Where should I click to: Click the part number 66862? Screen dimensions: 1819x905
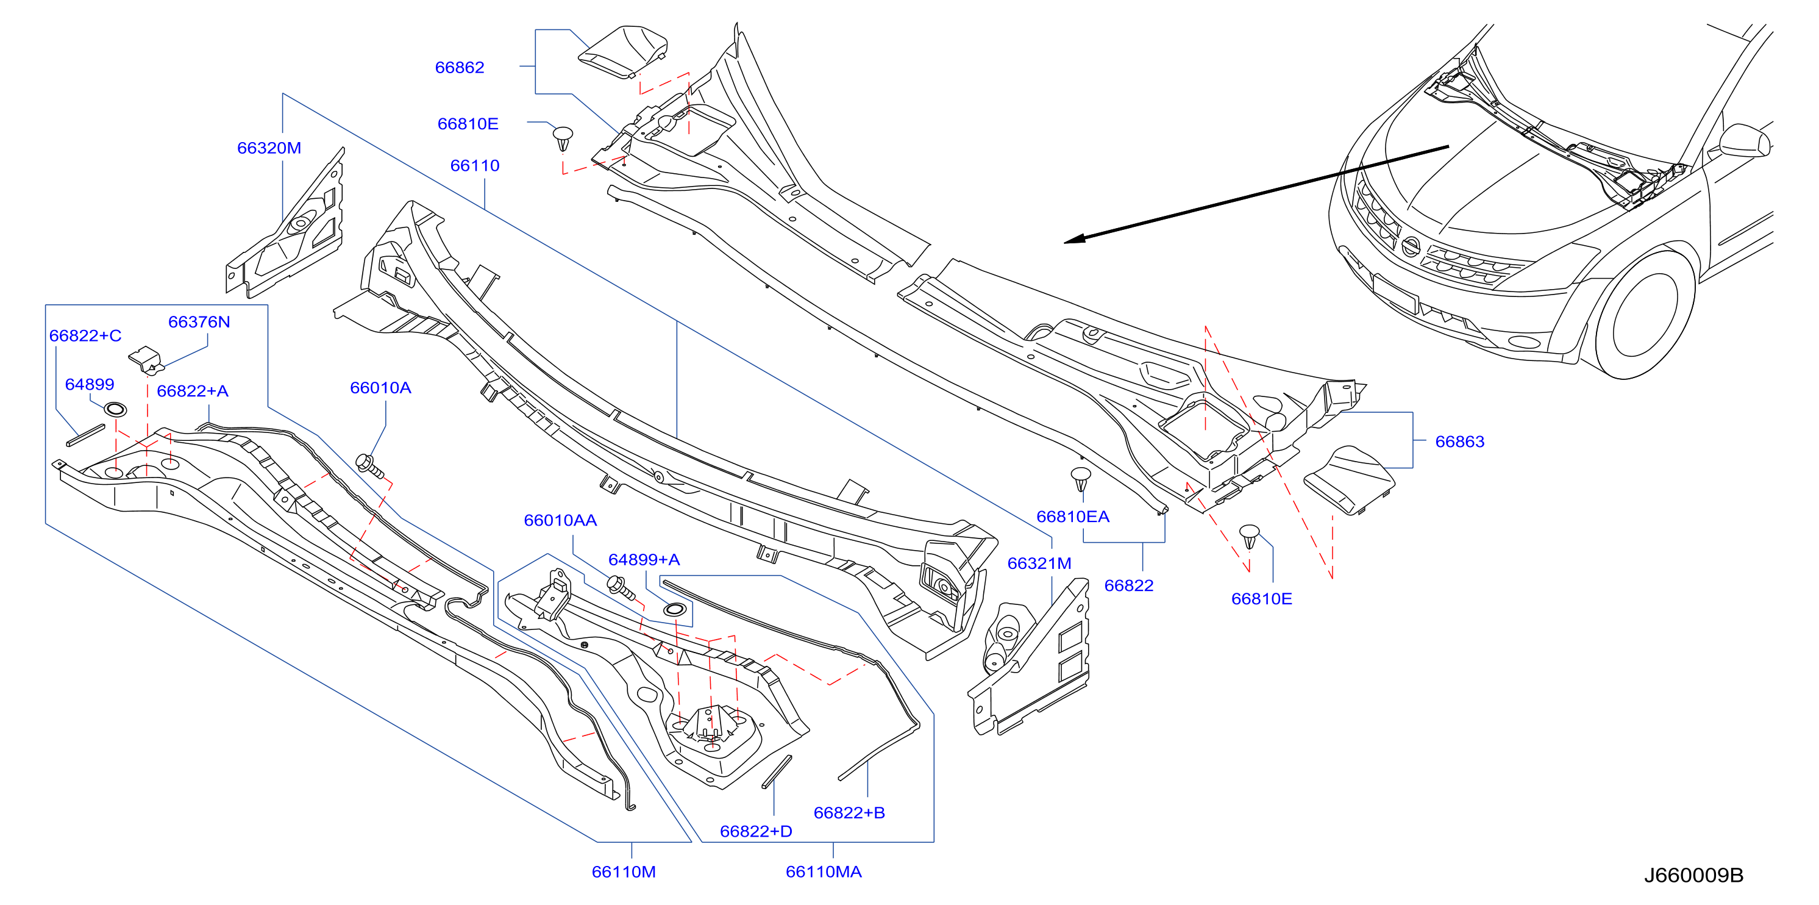[x=460, y=67]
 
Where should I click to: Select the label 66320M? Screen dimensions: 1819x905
[x=269, y=148]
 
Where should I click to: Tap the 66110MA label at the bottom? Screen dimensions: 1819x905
[x=824, y=872]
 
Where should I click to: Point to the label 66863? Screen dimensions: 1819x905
[x=1459, y=442]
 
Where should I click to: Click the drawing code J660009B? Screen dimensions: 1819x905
[x=1693, y=875]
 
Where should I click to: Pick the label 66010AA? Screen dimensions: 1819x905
[x=560, y=521]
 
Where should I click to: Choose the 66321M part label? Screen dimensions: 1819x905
[x=1039, y=563]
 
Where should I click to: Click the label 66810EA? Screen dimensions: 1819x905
[x=1073, y=517]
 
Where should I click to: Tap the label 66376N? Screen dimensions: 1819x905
[x=199, y=322]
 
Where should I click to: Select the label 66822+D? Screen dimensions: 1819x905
[x=755, y=832]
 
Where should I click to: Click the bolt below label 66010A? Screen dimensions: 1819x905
[x=370, y=467]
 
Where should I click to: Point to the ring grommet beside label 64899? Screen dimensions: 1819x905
[x=115, y=409]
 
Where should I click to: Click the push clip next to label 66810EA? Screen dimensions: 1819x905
[x=1081, y=479]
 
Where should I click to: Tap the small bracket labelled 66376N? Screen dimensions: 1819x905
[x=147, y=360]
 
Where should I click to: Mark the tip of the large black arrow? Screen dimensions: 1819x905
[x=1064, y=242]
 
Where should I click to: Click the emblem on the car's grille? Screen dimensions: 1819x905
[x=1410, y=246]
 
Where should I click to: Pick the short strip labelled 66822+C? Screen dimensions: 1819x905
[x=85, y=435]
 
